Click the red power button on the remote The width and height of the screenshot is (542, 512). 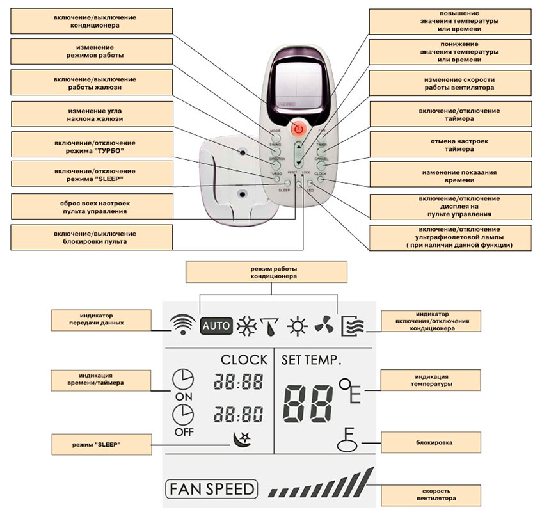(297, 129)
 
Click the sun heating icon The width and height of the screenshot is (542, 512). (296, 326)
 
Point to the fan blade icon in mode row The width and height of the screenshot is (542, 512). (324, 325)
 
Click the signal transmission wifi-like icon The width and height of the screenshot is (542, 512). (182, 325)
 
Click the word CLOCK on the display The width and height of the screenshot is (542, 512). (243, 360)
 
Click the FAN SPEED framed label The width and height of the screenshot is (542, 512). (210, 490)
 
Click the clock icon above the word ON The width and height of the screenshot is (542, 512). (182, 381)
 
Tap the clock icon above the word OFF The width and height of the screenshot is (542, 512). (182, 416)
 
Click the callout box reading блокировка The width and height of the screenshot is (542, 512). (422, 442)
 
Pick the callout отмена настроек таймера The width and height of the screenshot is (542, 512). (442, 145)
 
